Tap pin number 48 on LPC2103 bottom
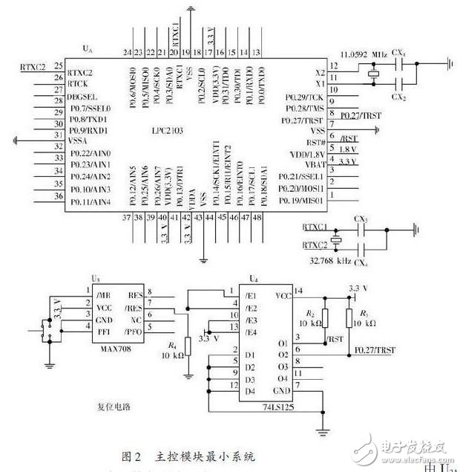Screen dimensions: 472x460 click(257, 217)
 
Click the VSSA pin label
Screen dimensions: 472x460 click(79, 138)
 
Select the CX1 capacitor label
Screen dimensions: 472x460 click(400, 54)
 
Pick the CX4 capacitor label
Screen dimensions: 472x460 click(361, 263)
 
